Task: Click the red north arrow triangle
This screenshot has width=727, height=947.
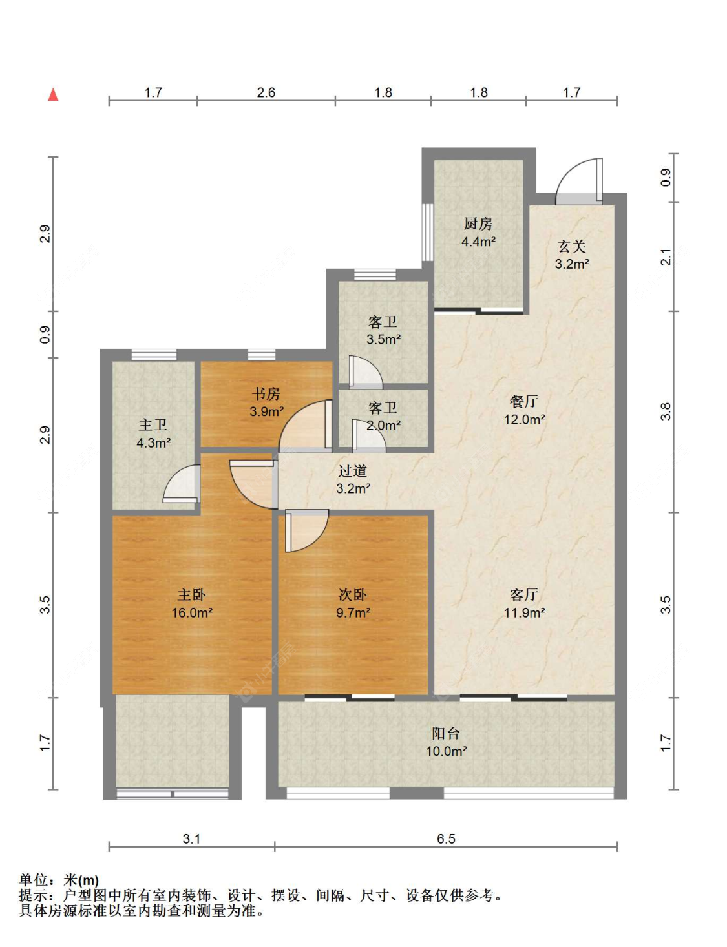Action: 53,94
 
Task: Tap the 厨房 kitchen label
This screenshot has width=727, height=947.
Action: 478,224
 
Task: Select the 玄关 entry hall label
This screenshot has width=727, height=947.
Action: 572,247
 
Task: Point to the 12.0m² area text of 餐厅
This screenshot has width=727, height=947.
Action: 524,419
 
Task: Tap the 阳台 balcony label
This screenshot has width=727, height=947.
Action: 446,733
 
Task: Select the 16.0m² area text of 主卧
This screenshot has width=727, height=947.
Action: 192,613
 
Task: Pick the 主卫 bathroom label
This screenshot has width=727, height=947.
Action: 153,424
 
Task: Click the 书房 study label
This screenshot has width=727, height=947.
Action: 266,393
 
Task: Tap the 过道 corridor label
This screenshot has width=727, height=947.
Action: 353,471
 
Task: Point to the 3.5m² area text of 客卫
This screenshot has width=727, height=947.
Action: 384,339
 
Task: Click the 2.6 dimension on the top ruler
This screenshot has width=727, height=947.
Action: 266,92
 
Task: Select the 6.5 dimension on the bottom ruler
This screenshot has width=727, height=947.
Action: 446,838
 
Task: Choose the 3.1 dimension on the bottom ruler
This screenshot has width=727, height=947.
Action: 191,838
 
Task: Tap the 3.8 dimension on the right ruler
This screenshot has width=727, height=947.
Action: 666,411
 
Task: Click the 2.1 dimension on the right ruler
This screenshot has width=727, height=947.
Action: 666,256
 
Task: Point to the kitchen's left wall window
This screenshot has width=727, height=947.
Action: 428,232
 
